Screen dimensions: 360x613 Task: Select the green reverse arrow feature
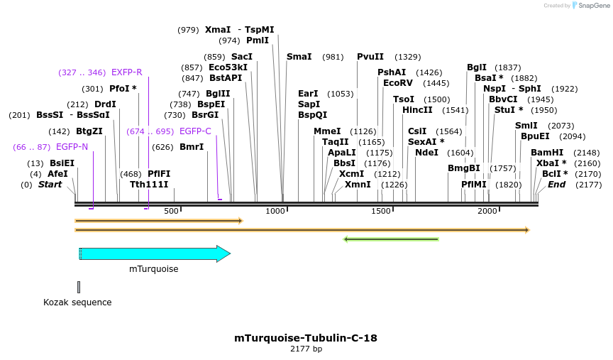[391, 239]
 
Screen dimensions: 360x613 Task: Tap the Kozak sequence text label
[77, 302]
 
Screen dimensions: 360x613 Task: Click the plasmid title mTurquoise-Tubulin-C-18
[306, 338]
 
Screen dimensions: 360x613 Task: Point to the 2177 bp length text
[306, 349]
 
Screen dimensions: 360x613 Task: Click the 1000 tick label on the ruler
[275, 212]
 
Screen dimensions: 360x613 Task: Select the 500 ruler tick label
[171, 212]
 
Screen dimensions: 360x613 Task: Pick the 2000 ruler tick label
[487, 212]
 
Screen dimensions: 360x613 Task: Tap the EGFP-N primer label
[72, 147]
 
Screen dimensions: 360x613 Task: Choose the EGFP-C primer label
[195, 131]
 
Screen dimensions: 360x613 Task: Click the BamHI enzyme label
[546, 153]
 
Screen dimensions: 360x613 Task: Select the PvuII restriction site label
[370, 57]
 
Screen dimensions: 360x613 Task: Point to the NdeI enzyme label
[426, 153]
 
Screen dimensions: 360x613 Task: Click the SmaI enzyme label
[299, 57]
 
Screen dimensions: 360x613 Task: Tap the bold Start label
[50, 185]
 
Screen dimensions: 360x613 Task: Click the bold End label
[556, 185]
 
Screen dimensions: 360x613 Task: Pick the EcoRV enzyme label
[397, 83]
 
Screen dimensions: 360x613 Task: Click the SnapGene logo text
[594, 6]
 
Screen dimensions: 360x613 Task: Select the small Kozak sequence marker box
[79, 287]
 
